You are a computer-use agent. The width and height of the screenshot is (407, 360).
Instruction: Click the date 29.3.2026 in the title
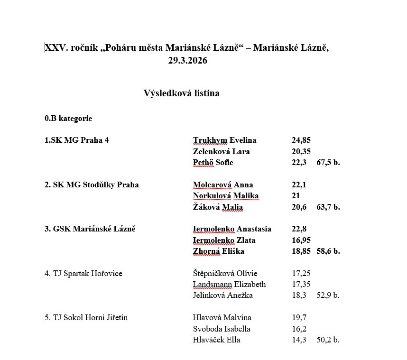point(187,60)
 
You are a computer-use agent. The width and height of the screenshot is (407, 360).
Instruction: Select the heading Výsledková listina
point(181,93)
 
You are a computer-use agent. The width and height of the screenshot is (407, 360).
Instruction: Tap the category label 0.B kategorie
point(68,118)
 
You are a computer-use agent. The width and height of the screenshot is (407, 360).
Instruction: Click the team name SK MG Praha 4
point(76,140)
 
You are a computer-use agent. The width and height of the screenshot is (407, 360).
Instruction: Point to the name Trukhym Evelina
point(224,140)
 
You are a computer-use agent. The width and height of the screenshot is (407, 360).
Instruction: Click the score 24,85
point(301,140)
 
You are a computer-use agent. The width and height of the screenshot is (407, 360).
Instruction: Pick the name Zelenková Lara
point(221,151)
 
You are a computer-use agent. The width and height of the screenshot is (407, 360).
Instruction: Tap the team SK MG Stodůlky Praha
point(92,185)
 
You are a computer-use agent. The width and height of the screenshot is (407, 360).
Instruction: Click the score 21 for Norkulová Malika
point(296,196)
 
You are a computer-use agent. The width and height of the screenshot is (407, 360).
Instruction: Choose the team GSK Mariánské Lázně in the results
point(90,229)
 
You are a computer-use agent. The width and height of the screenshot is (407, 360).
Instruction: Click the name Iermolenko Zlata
point(224,240)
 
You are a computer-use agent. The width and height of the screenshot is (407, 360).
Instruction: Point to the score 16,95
point(301,240)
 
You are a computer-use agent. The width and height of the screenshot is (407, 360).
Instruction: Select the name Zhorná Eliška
point(219,251)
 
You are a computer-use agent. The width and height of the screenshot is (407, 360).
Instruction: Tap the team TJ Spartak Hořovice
point(83,273)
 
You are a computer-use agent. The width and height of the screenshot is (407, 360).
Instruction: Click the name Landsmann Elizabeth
point(229,284)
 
